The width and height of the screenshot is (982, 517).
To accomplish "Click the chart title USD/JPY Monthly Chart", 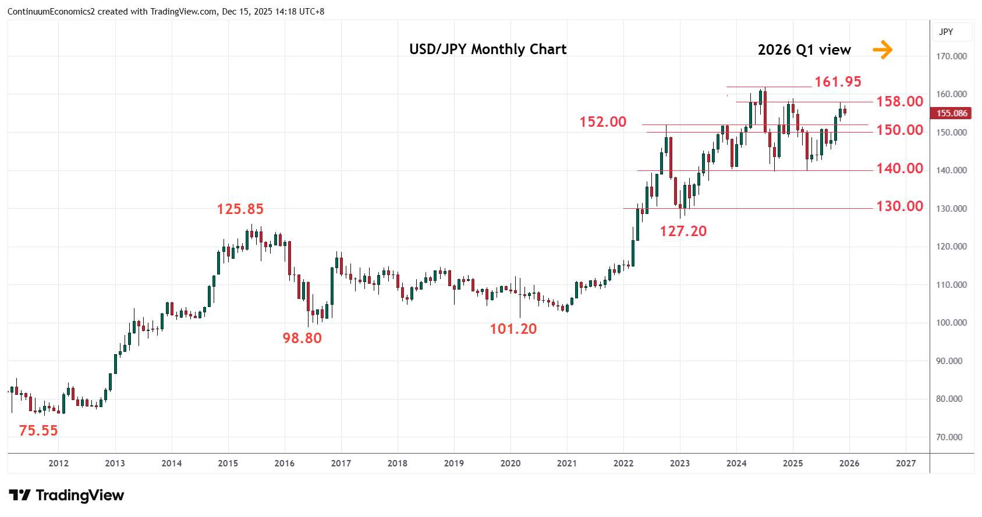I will click(x=488, y=49).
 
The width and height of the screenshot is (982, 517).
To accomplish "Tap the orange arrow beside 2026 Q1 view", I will click(x=882, y=49).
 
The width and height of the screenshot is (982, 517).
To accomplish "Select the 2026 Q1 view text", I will click(x=804, y=50).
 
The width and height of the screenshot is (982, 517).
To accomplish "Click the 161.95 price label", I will click(x=837, y=82).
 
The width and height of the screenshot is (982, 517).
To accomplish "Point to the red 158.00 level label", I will click(x=899, y=102).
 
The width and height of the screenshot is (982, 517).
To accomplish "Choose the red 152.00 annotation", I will click(x=602, y=122).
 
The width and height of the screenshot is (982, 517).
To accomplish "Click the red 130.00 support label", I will click(x=899, y=206).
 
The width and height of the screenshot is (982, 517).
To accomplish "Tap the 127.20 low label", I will click(x=683, y=231).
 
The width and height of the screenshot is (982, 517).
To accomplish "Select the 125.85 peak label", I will click(x=240, y=209).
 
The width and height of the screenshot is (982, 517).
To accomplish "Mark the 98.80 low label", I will click(x=302, y=338).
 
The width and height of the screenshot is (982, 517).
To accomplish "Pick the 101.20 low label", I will click(x=513, y=329).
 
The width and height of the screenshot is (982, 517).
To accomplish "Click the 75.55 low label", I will click(x=38, y=431).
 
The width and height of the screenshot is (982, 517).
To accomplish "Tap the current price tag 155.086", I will click(x=952, y=113).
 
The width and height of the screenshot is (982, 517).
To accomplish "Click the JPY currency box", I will click(x=946, y=32).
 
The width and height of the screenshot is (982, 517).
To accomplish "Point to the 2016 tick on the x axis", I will click(x=284, y=463).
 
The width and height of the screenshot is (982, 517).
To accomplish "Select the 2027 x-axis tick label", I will click(x=906, y=463).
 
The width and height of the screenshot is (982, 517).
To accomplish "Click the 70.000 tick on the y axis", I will click(x=951, y=437).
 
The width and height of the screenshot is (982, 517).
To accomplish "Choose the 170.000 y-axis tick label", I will click(x=951, y=56).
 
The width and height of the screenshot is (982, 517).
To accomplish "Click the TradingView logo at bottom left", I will click(x=66, y=495).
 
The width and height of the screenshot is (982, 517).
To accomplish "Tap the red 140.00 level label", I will click(x=899, y=169).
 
